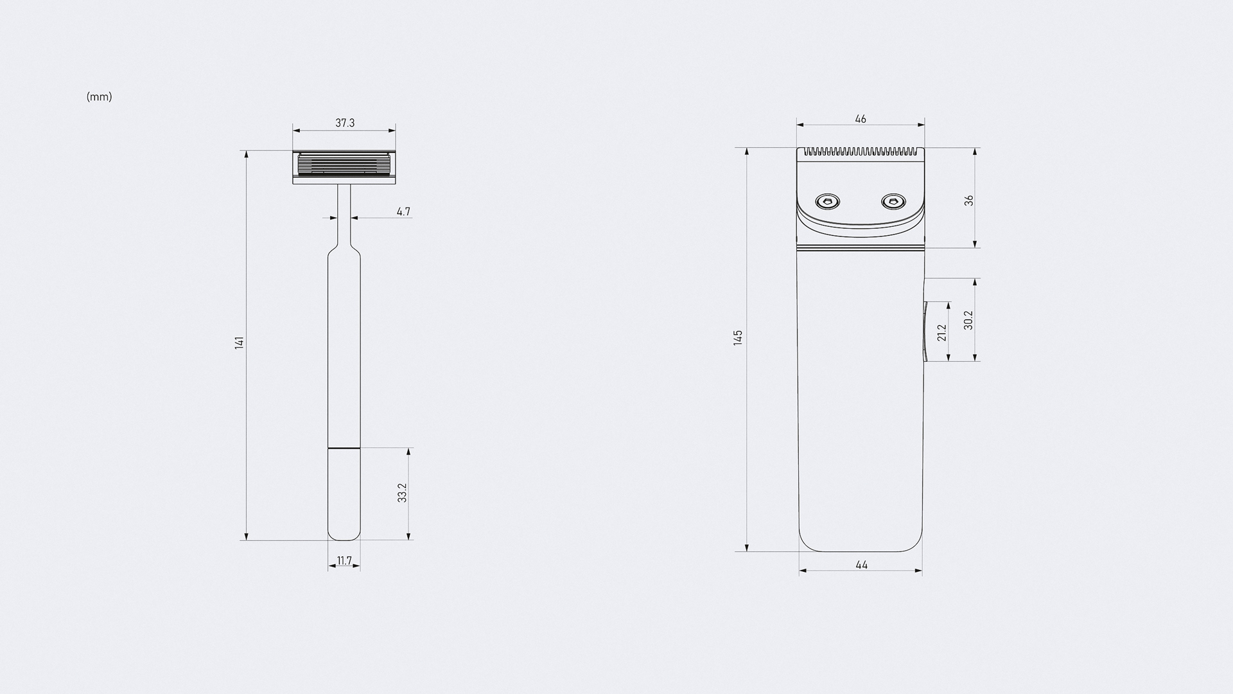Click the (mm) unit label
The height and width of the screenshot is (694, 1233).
click(x=99, y=97)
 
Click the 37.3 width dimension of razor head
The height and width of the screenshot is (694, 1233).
click(x=345, y=123)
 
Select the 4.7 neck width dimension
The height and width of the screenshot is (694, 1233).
click(x=403, y=211)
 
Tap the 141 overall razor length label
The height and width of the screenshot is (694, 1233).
click(x=240, y=343)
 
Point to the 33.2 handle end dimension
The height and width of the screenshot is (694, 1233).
click(x=403, y=493)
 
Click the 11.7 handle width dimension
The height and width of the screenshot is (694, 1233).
click(x=344, y=561)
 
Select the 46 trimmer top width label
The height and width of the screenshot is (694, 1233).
click(x=861, y=119)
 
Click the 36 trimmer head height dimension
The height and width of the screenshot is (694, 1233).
click(x=969, y=200)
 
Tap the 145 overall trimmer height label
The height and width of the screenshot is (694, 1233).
click(x=738, y=338)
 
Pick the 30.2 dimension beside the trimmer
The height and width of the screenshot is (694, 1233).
click(x=968, y=320)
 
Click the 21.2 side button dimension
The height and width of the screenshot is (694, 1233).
click(x=942, y=332)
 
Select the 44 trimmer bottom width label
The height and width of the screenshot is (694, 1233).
click(x=861, y=565)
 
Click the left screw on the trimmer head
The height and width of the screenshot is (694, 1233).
click(x=828, y=202)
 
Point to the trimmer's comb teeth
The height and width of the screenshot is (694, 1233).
click(x=861, y=152)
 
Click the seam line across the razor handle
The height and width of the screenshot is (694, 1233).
click(x=344, y=447)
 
